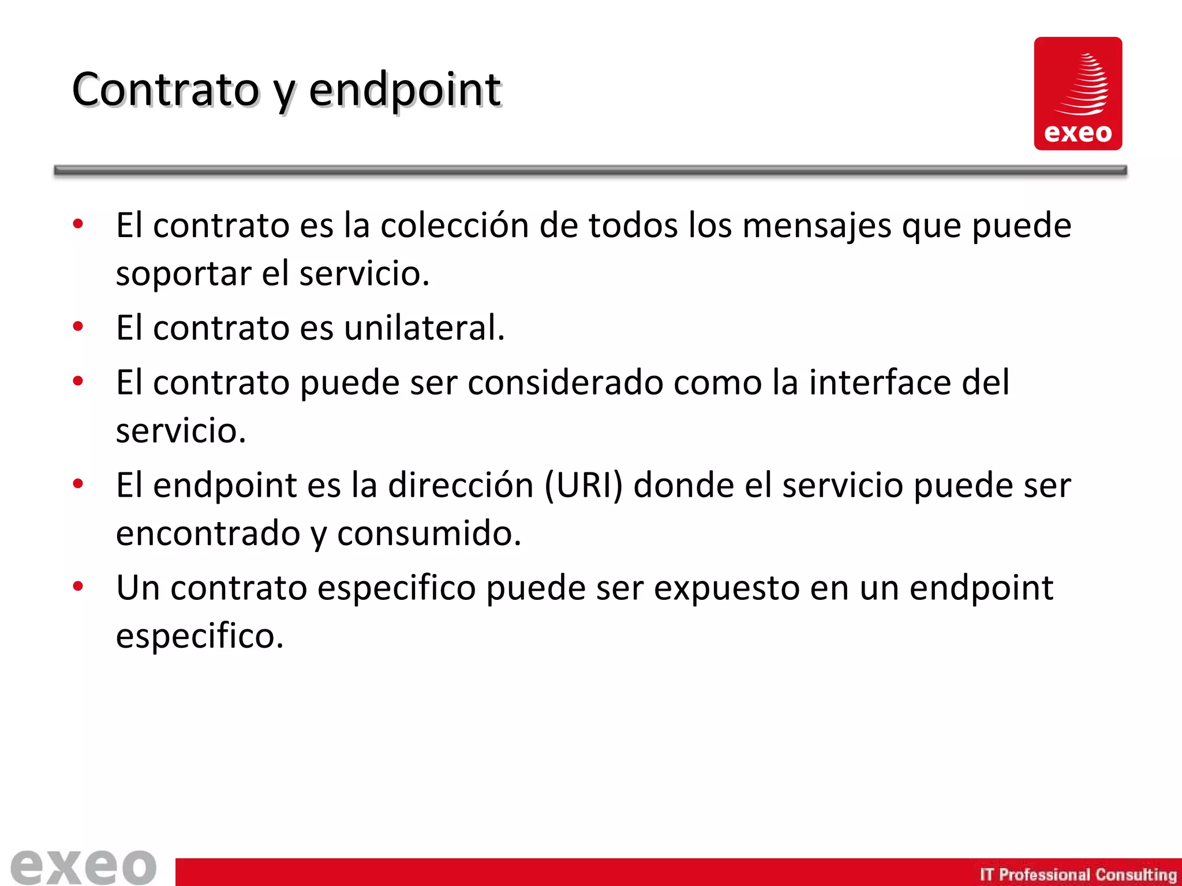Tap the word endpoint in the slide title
(405, 91)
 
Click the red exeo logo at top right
(1078, 93)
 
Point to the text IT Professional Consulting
(1078, 874)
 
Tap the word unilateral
(424, 328)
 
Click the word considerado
(565, 382)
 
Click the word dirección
(460, 485)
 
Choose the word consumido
(429, 533)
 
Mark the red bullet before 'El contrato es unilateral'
(78, 327)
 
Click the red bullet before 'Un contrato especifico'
(78, 587)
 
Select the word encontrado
(208, 533)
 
